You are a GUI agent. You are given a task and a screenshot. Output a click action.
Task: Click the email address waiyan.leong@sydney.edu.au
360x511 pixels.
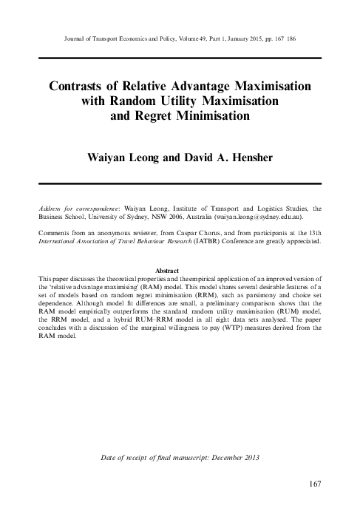[252, 219]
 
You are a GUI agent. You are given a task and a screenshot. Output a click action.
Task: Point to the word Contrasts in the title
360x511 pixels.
[82, 86]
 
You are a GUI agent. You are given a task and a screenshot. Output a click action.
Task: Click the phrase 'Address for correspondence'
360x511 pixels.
[78, 209]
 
